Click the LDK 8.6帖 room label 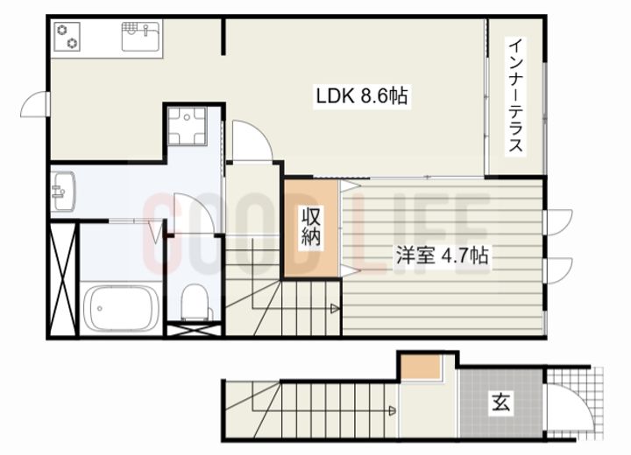[x=361, y=94]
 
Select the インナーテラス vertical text [x=517, y=95]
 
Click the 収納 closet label [x=311, y=227]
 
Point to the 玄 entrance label [x=500, y=403]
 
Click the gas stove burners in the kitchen [x=67, y=37]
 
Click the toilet [x=195, y=303]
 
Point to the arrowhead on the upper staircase [x=335, y=308]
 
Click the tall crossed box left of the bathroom [x=62, y=280]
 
